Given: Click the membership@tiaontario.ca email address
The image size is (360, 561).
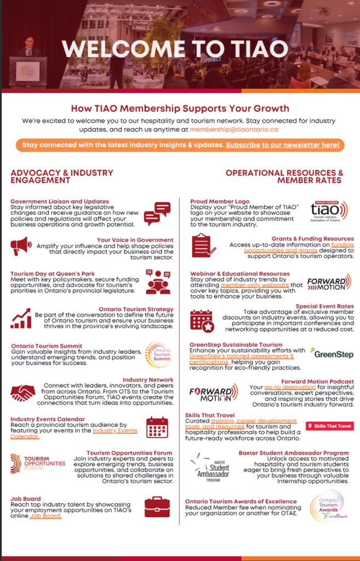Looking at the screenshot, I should click(x=234, y=130).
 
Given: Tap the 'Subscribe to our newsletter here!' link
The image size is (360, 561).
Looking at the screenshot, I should click(x=283, y=145).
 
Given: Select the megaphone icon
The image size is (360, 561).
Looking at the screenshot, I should click(x=21, y=246).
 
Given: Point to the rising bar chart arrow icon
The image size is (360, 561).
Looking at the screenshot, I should click(x=21, y=318).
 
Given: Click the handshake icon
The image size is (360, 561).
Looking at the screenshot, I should click(x=23, y=392).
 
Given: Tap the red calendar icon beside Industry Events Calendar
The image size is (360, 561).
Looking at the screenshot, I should click(x=157, y=427).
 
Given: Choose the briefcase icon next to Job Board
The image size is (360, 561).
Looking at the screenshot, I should click(x=157, y=507).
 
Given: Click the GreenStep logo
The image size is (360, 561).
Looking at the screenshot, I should click(x=332, y=354).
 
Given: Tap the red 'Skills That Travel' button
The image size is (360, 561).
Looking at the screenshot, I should click(x=329, y=426).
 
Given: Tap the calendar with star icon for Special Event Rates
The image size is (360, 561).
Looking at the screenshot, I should click(x=202, y=321).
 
